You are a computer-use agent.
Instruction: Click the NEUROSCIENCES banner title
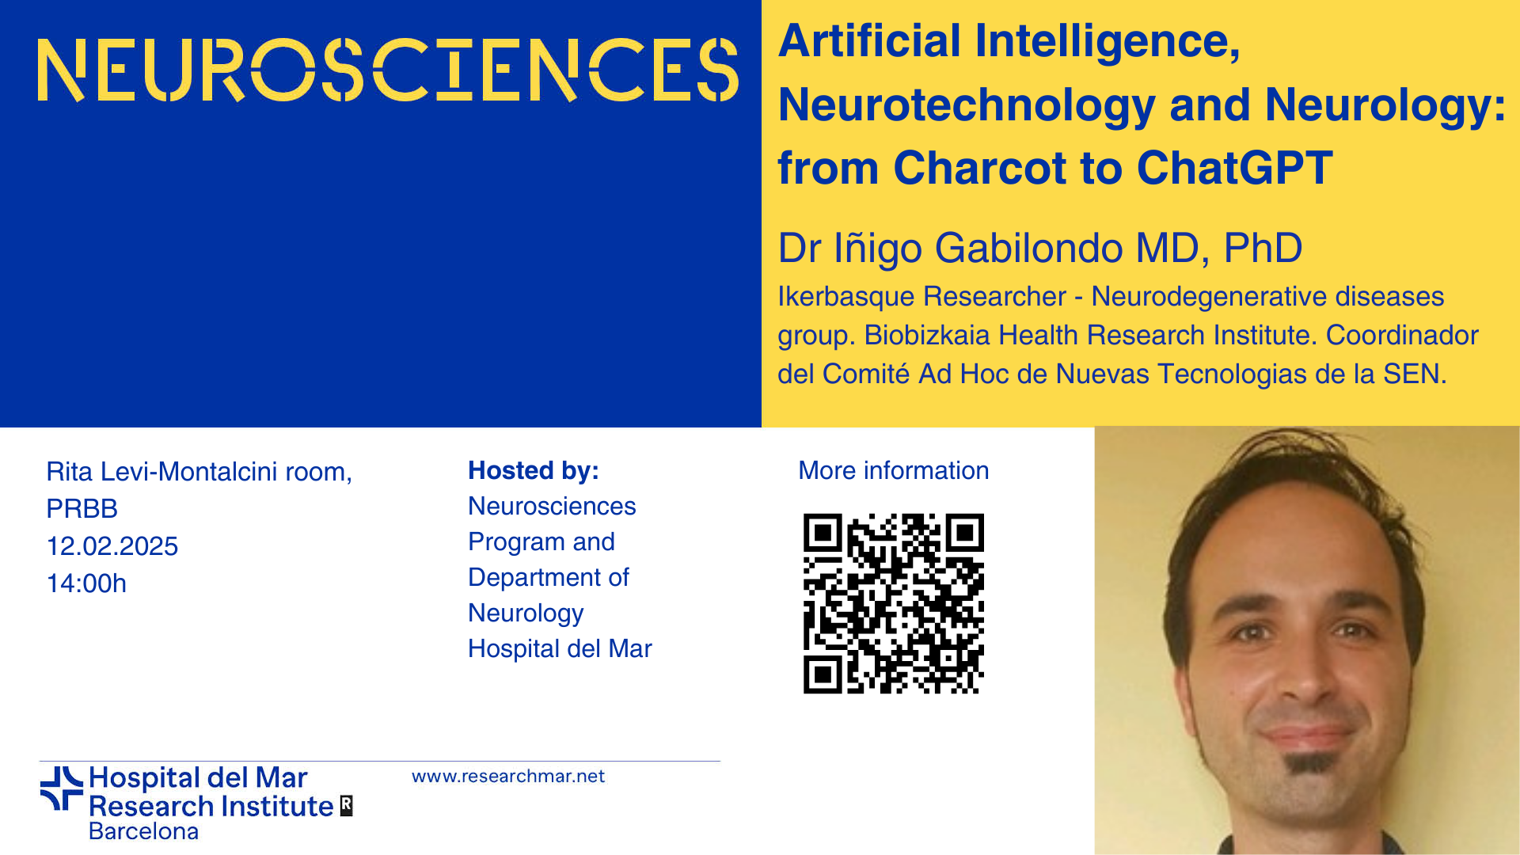click(388, 70)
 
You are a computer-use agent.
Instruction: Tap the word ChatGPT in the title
click(1234, 168)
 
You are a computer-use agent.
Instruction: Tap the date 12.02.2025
click(112, 546)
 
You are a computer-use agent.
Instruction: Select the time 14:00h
click(86, 583)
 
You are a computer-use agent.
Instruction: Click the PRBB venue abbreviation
click(82, 508)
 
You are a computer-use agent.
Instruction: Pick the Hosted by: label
click(534, 471)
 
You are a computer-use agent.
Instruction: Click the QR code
click(894, 604)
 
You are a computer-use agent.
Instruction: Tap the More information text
click(894, 471)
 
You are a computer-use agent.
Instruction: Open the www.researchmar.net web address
click(508, 777)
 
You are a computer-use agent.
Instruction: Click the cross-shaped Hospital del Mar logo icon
click(62, 788)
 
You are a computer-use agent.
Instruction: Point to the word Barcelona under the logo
click(143, 831)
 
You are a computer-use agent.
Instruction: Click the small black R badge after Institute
click(346, 805)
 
